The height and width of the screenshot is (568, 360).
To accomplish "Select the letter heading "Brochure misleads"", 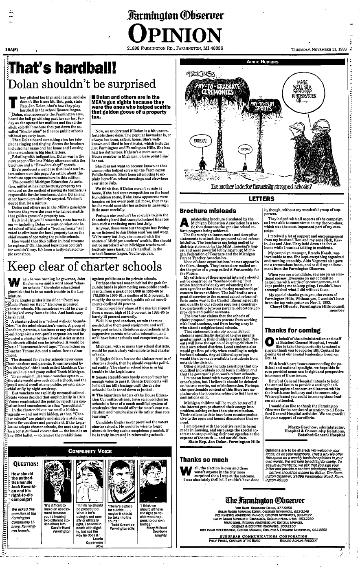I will (208, 211).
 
